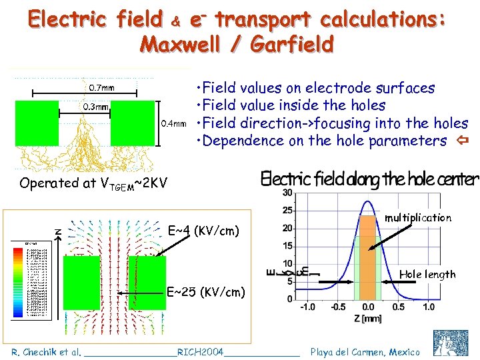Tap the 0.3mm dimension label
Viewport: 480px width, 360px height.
96,107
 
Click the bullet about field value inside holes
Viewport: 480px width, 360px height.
290,105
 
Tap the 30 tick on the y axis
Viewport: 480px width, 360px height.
288,193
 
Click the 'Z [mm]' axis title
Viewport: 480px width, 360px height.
367,319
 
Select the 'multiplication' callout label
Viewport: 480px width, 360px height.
418,217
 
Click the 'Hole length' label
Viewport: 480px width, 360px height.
427,274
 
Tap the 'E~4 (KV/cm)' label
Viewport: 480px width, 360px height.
203,231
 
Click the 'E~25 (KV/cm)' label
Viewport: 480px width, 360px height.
205,291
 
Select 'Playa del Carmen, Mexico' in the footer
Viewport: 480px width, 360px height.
365,351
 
